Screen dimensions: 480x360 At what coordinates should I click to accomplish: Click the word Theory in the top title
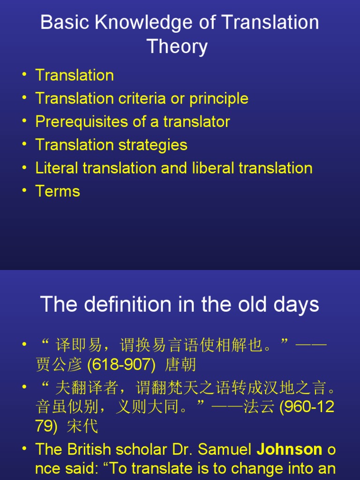[x=177, y=47]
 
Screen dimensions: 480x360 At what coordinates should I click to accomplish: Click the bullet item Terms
[x=58, y=191]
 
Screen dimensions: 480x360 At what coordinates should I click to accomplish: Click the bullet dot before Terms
[x=24, y=191]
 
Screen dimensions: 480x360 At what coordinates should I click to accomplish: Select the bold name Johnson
[x=289, y=450]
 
